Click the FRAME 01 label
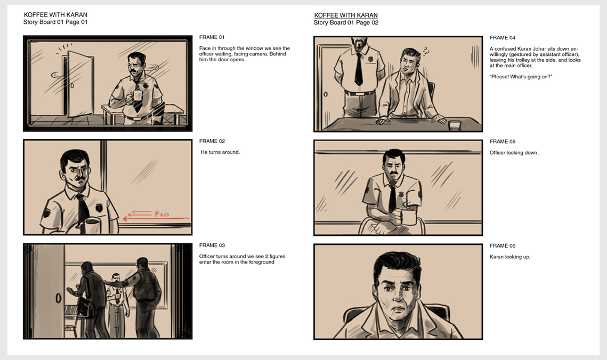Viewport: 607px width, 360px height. tap(212, 37)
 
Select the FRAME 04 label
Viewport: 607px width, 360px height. tap(502, 37)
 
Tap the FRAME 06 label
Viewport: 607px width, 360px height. tap(502, 246)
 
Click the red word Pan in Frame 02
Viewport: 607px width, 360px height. tap(161, 214)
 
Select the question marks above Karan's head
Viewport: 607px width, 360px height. tap(426, 51)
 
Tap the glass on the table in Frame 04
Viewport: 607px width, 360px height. tap(455, 125)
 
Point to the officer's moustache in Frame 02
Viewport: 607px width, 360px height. tap(80, 178)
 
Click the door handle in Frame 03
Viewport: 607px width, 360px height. tap(59, 298)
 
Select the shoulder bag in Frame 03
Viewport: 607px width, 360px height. tap(86, 307)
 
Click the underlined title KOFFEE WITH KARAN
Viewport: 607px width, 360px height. tap(346, 15)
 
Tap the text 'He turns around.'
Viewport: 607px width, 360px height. tap(220, 152)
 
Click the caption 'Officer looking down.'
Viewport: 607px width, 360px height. tap(514, 153)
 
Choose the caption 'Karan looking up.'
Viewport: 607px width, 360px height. tap(509, 257)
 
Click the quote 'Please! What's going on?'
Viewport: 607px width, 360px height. tap(521, 77)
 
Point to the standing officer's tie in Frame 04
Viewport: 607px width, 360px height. tap(359, 69)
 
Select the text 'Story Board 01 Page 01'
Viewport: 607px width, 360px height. tap(55, 22)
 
